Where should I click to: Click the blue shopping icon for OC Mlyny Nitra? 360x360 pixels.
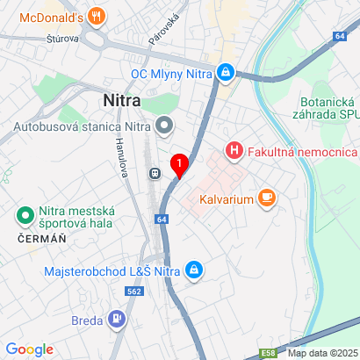(227, 71)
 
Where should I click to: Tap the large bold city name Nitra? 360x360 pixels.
(124, 101)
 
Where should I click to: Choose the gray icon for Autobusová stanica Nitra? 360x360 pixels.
(164, 126)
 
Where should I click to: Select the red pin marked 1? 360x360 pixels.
(180, 163)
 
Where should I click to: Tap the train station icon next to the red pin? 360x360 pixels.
(156, 174)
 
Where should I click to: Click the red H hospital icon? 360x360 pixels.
(234, 150)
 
